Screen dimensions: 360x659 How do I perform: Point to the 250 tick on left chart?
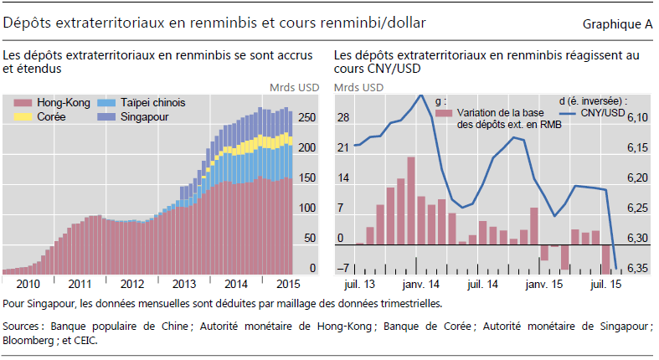(x=307, y=118)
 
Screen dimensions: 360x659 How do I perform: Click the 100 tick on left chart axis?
(x=307, y=208)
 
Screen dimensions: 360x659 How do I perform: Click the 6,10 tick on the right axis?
(x=637, y=118)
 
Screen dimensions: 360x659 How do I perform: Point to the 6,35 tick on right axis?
(x=637, y=269)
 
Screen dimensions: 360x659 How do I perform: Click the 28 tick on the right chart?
(x=343, y=118)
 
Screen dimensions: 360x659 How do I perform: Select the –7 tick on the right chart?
(x=342, y=269)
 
